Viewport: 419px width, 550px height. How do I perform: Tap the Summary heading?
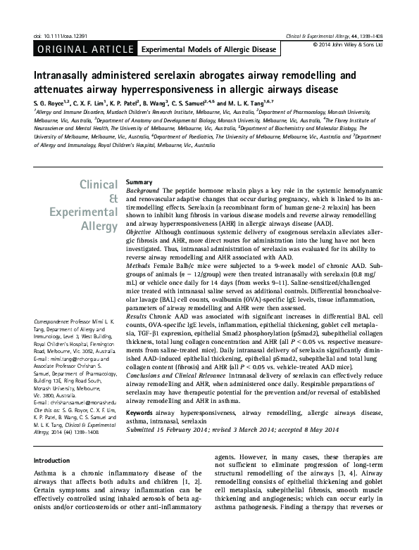click(138, 182)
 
